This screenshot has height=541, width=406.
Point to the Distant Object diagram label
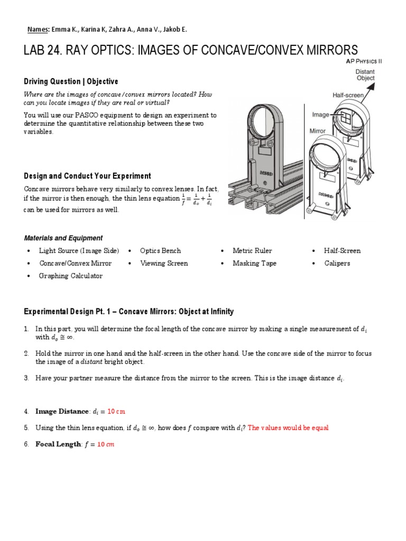coord(365,74)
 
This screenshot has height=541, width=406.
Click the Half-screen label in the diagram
coord(347,96)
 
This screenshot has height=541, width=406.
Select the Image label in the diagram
coord(320,114)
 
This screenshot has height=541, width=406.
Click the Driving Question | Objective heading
coord(71,81)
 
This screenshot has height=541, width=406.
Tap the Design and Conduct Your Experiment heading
coord(87,176)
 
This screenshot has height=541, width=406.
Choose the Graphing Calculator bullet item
coord(71,276)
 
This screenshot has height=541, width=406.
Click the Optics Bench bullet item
coord(160,250)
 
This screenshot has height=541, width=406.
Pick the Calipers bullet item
coord(337,263)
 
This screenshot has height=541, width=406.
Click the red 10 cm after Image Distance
coord(116,412)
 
